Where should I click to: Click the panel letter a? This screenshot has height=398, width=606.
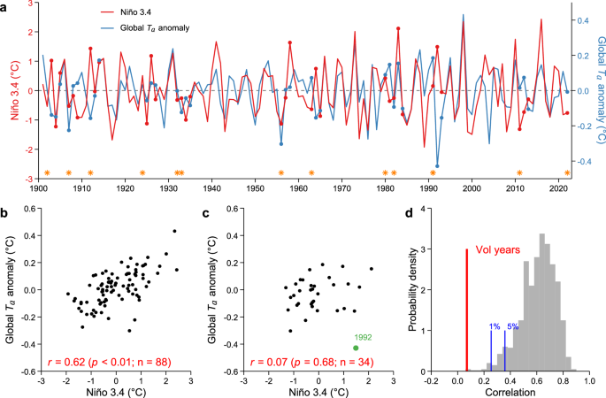pos(5,6)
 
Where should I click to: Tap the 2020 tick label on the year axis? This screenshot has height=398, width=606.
pos(558,188)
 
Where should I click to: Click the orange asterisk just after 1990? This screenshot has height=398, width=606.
pos(433,173)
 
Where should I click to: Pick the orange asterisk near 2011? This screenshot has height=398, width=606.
pos(520,173)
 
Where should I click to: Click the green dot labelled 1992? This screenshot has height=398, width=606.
pos(356,348)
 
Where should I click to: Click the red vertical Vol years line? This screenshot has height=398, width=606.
pos(466,310)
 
